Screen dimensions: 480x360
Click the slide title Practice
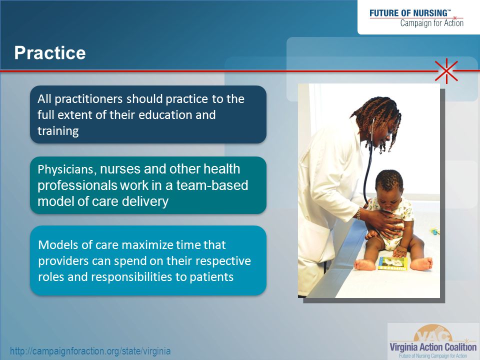(50, 52)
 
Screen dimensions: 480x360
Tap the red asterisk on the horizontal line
(446, 71)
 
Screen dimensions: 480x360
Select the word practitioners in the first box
(88, 99)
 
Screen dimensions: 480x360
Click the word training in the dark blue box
(58, 131)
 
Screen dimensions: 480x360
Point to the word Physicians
(65, 169)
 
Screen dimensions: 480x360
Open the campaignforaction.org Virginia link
(90, 351)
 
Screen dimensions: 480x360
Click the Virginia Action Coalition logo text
(433, 347)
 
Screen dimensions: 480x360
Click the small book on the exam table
(393, 263)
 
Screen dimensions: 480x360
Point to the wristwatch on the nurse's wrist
(358, 213)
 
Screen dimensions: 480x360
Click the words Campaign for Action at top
(432, 23)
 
